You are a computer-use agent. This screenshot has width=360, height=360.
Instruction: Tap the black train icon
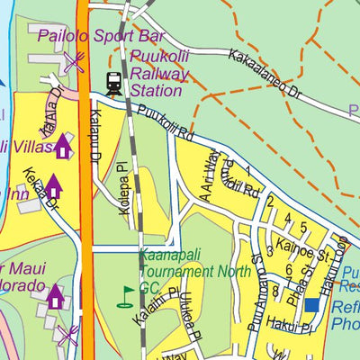(113, 83)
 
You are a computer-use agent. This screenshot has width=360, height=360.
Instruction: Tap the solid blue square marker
(311, 306)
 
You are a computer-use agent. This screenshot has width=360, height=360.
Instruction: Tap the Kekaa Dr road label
(40, 193)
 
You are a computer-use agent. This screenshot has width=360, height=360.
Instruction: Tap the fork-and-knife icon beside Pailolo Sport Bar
(73, 62)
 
